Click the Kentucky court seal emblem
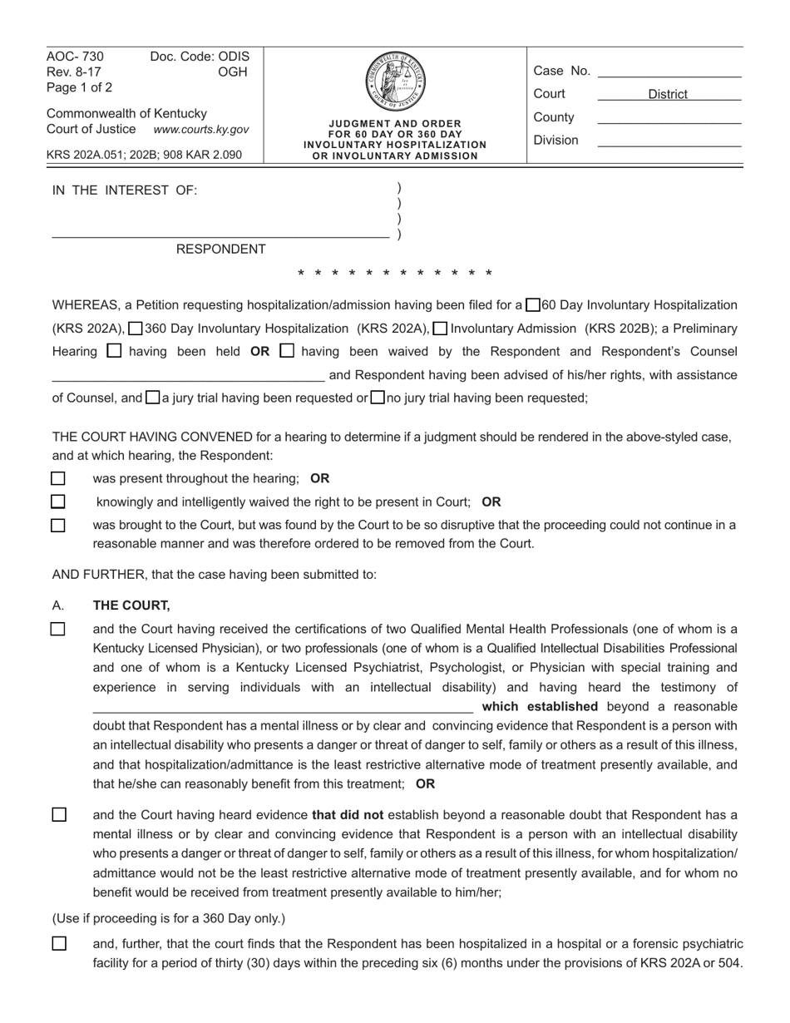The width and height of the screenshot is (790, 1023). click(395, 82)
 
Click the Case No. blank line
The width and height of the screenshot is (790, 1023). click(669, 72)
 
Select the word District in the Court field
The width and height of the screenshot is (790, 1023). click(668, 95)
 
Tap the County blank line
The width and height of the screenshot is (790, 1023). click(669, 118)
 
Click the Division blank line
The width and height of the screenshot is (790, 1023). click(669, 141)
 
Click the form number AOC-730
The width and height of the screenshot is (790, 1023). click(76, 57)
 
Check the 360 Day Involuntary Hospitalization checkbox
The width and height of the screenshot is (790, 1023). click(136, 329)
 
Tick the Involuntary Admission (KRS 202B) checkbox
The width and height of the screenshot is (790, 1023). click(442, 329)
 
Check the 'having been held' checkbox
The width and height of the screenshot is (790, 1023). click(116, 351)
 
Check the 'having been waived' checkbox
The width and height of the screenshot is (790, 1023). click(287, 351)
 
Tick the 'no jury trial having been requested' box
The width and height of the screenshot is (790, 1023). click(378, 398)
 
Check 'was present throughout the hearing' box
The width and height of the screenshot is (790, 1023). click(58, 478)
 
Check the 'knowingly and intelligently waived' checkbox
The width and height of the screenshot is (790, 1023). click(58, 502)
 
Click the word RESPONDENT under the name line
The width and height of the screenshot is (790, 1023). click(221, 250)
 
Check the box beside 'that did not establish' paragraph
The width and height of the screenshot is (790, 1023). click(59, 815)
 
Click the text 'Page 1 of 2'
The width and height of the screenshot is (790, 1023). click(80, 86)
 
